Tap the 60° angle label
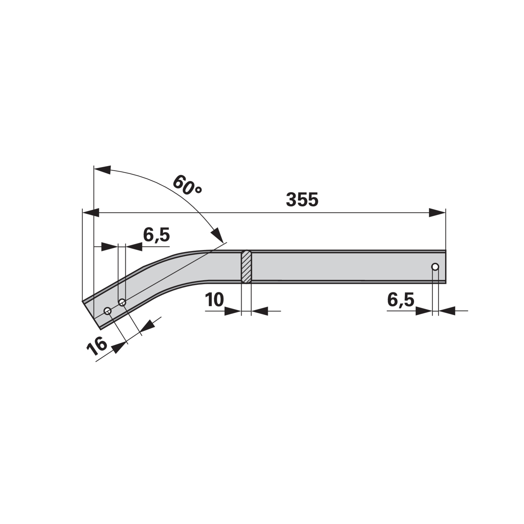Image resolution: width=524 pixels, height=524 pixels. coord(187,185)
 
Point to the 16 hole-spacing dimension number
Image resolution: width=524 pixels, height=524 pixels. coord(97,346)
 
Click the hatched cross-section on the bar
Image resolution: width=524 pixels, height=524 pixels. coord(246,267)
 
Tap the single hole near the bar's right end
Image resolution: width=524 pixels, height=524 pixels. coord(435,267)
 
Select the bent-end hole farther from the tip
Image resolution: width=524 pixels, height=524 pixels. coord(122,302)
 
